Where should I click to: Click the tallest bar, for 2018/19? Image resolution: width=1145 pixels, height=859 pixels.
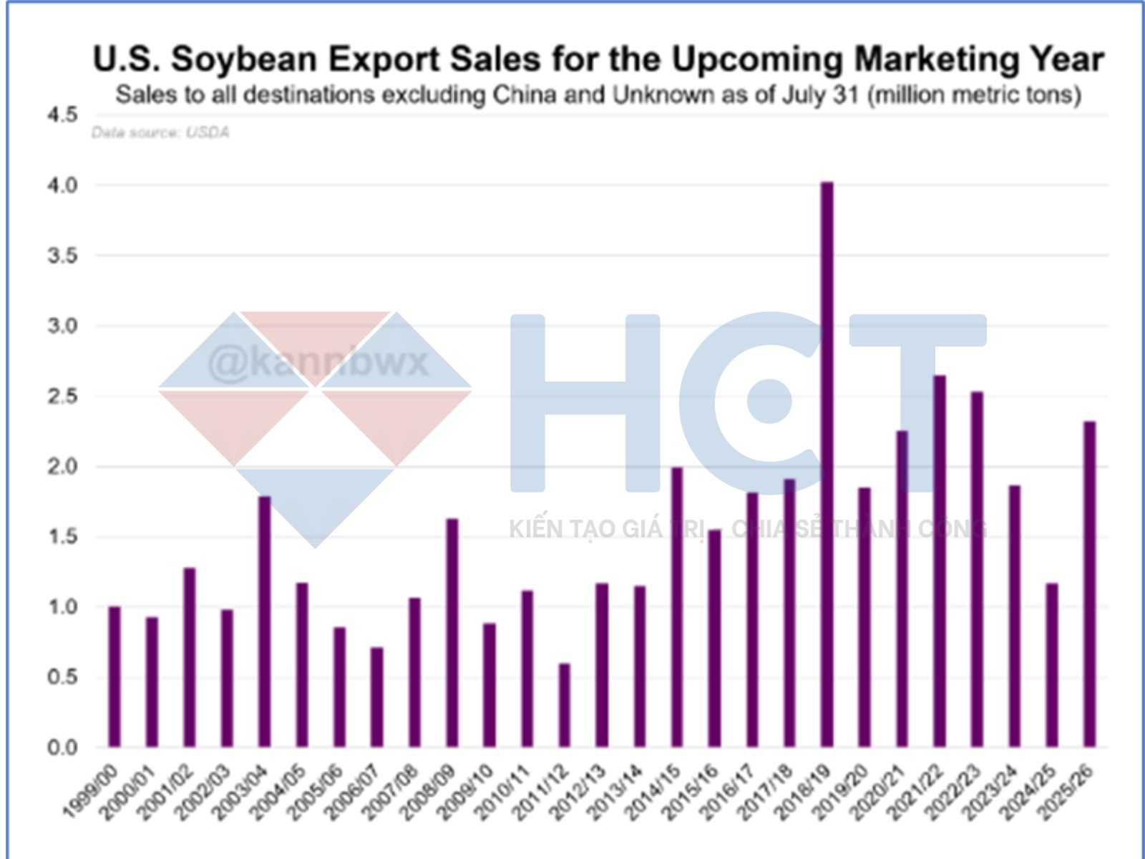827,465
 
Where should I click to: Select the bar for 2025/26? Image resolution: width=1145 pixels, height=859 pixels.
1089,584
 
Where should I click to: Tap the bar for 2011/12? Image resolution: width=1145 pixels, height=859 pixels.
565,705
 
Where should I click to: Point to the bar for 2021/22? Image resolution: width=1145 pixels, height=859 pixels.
940,561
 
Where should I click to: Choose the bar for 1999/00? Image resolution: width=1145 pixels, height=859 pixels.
114,676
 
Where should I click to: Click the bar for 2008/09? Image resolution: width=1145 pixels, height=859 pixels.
452,633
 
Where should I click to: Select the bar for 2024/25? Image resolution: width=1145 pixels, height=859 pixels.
1052,665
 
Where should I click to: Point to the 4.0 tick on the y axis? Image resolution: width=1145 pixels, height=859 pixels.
62,185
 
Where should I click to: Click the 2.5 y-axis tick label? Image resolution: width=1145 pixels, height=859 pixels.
62,396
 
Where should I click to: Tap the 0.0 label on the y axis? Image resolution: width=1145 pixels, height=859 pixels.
62,747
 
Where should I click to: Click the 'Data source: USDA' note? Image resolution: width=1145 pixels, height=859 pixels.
160,132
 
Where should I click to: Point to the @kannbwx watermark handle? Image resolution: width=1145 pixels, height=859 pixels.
318,363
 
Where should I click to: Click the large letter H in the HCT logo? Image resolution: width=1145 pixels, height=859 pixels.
585,403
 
